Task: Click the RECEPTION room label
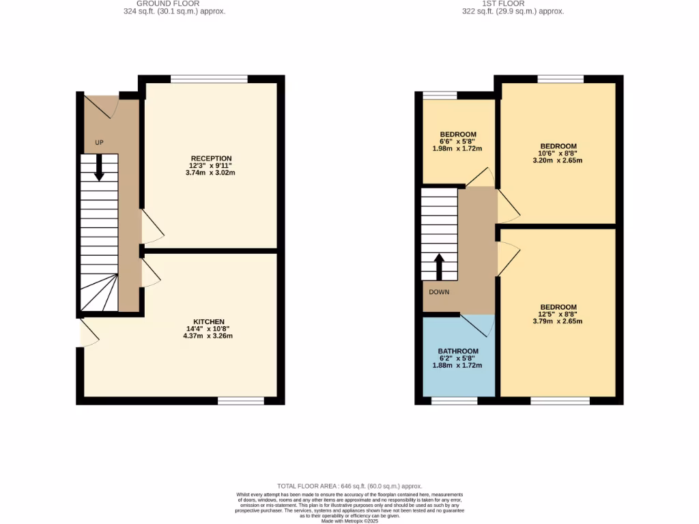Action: click(x=211, y=158)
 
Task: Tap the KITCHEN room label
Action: click(x=209, y=321)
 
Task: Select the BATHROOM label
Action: click(x=457, y=351)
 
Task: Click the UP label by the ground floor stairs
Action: click(x=99, y=143)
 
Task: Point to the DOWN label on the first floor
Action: click(x=439, y=291)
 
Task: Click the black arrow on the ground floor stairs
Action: click(x=99, y=168)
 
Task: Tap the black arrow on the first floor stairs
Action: click(x=439, y=267)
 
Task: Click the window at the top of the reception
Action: click(x=209, y=79)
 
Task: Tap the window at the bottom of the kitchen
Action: click(x=240, y=401)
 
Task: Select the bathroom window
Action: click(x=454, y=401)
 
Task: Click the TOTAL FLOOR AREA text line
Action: click(x=349, y=485)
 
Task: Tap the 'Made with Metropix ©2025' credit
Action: click(x=349, y=521)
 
